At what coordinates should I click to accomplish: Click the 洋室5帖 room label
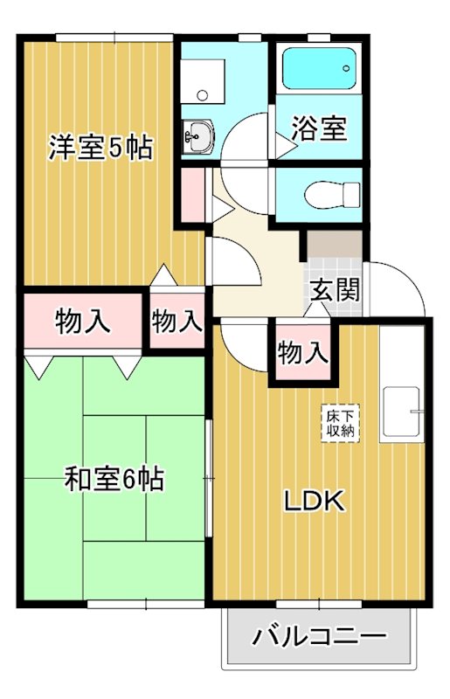[x=100, y=148]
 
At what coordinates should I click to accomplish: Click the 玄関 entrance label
[x=334, y=289]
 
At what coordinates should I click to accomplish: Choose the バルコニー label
[x=319, y=635]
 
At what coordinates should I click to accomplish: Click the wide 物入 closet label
[x=83, y=322]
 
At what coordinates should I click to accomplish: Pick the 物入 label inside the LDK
[x=303, y=353]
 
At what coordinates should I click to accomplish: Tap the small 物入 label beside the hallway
[x=177, y=322]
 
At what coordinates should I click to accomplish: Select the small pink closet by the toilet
[x=193, y=195]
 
